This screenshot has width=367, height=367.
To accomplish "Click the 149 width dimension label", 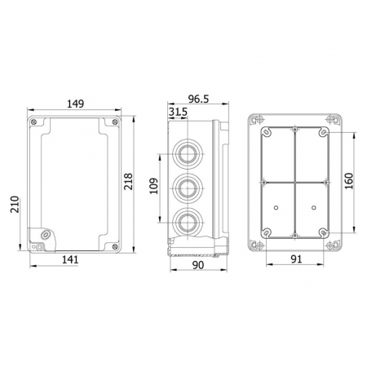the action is click(76, 104).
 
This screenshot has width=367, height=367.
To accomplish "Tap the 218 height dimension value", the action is click(127, 181).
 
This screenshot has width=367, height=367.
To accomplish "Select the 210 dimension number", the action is click(15, 204).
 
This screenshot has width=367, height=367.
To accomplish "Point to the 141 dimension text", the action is click(70, 259).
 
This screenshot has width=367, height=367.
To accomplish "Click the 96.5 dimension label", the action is click(198, 99).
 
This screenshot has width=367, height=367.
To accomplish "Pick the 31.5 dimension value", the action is click(178, 112).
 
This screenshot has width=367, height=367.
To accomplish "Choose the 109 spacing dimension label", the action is click(153, 186).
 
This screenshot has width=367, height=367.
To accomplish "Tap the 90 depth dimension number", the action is click(198, 265).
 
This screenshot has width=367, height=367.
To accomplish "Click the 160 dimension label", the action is click(348, 181).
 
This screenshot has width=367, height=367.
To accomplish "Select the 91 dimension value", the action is click(296, 259).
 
